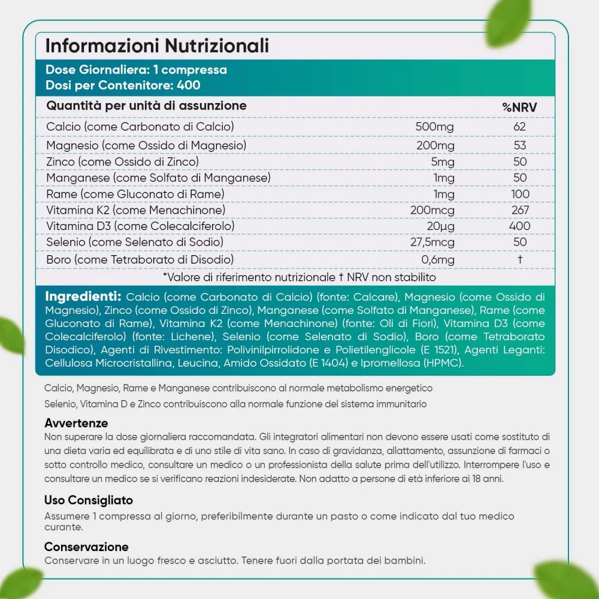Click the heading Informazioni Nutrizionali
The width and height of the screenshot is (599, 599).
click(157, 46)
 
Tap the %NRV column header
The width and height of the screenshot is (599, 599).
click(519, 107)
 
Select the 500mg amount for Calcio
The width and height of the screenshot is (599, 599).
click(435, 127)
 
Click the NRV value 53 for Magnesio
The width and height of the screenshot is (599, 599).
click(520, 146)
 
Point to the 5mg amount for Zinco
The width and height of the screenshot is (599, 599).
click(443, 162)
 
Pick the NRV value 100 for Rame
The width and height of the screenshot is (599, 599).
click(520, 194)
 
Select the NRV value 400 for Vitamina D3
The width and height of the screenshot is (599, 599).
click(519, 226)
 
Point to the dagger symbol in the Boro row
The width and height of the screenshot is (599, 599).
click(520, 259)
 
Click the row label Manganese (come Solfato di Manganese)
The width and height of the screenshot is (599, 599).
click(158, 178)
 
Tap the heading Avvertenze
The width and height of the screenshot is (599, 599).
click(76, 423)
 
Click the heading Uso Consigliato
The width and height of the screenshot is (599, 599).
click(89, 500)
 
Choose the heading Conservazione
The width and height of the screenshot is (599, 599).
click(86, 547)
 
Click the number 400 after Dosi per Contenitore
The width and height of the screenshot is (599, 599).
click(189, 85)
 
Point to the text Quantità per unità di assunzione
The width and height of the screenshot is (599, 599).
click(147, 106)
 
